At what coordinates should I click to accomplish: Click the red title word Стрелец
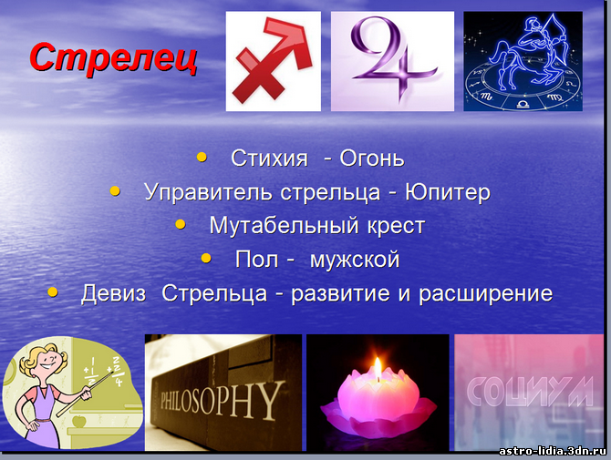[113, 58]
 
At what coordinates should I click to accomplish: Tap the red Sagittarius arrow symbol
[274, 61]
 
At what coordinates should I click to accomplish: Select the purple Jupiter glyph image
[392, 61]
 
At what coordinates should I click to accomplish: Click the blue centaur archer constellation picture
[523, 61]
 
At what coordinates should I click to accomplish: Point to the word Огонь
[372, 158]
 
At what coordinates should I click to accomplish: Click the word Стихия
[269, 158]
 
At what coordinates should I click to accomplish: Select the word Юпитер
[448, 192]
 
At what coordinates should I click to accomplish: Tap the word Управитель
[208, 192]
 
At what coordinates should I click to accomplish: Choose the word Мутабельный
[284, 225]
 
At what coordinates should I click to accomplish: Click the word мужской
[355, 260]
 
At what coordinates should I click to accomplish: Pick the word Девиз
[113, 293]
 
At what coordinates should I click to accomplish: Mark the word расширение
[485, 294]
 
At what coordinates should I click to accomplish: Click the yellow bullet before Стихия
[202, 157]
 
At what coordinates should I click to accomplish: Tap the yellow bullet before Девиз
[52, 291]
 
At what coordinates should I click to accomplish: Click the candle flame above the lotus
[378, 368]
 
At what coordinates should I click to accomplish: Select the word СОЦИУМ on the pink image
[529, 391]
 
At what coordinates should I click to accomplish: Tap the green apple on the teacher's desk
[78, 421]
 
